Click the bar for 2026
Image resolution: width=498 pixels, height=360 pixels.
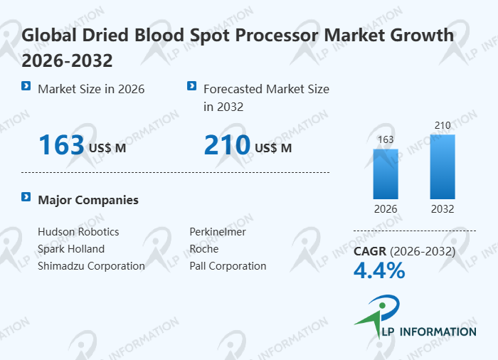[386, 174]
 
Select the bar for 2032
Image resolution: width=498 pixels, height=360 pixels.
[443, 166]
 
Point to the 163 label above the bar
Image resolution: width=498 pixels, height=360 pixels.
[386, 140]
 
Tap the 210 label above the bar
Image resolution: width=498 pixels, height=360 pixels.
[443, 126]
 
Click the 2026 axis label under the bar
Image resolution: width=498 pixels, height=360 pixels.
[386, 209]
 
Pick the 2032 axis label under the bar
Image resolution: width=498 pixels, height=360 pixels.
[443, 209]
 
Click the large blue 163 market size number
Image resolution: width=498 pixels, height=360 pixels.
[61, 145]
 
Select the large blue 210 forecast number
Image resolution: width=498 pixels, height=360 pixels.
[227, 145]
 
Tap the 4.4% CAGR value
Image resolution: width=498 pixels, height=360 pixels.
[379, 270]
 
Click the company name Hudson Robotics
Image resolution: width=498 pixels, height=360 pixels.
[78, 232]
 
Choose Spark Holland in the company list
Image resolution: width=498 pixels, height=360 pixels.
[71, 249]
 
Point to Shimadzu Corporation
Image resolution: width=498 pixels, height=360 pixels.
[91, 266]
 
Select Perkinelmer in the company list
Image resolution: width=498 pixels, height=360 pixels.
[218, 232]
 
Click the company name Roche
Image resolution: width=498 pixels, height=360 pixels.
[204, 249]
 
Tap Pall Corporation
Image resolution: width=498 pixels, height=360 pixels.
[228, 266]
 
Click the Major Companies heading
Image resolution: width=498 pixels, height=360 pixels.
[88, 200]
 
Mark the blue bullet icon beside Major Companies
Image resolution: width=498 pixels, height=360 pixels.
[26, 197]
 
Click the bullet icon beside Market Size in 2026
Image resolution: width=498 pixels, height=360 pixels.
[26, 86]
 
